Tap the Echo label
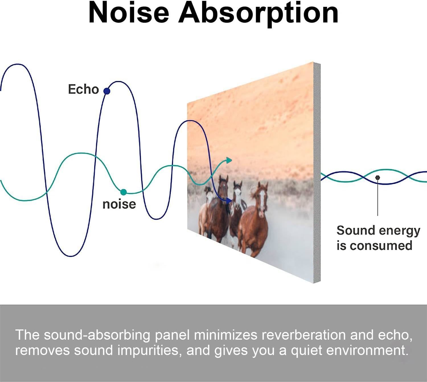83,89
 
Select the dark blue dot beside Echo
107,91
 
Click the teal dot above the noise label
124,192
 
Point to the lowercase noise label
119,204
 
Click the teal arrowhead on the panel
229,160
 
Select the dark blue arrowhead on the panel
229,201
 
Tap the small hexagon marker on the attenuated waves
377,178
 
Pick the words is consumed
374,246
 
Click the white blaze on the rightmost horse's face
262,200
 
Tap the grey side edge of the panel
317,173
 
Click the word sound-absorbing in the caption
97,335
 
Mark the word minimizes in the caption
225,335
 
